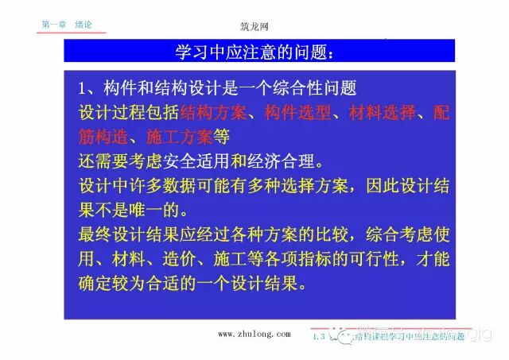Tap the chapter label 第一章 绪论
[67, 25]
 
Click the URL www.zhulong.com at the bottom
[254, 335]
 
